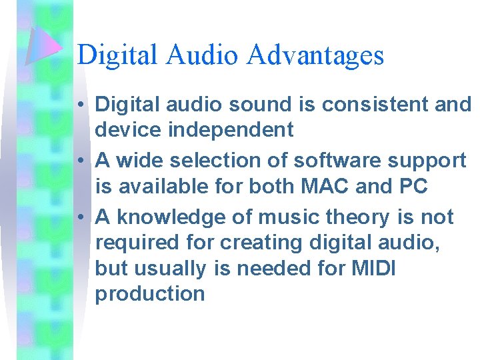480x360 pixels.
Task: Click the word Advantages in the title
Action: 315,55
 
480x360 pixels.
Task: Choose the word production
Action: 150,293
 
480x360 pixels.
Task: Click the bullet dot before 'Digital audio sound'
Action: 79,105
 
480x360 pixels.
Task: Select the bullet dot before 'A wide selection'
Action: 79,161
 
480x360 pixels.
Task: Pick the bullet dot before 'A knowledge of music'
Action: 79,217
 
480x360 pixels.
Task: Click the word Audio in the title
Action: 204,55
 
